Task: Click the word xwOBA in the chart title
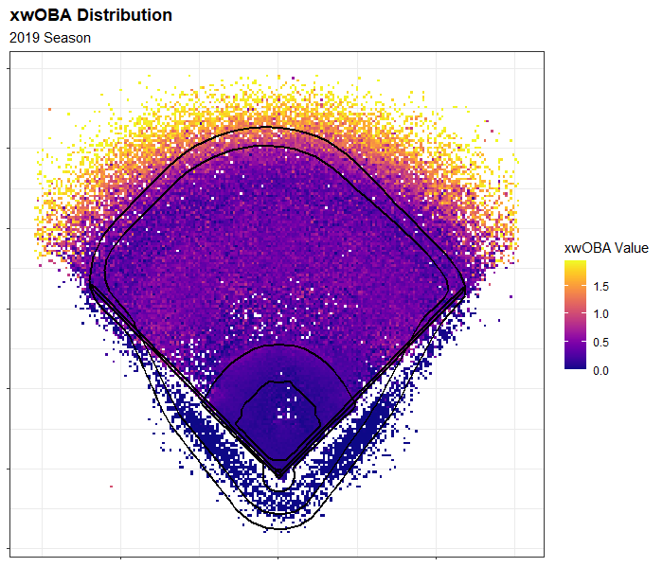(40, 16)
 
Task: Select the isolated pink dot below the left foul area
(112, 487)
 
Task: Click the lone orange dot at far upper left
(49, 110)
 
